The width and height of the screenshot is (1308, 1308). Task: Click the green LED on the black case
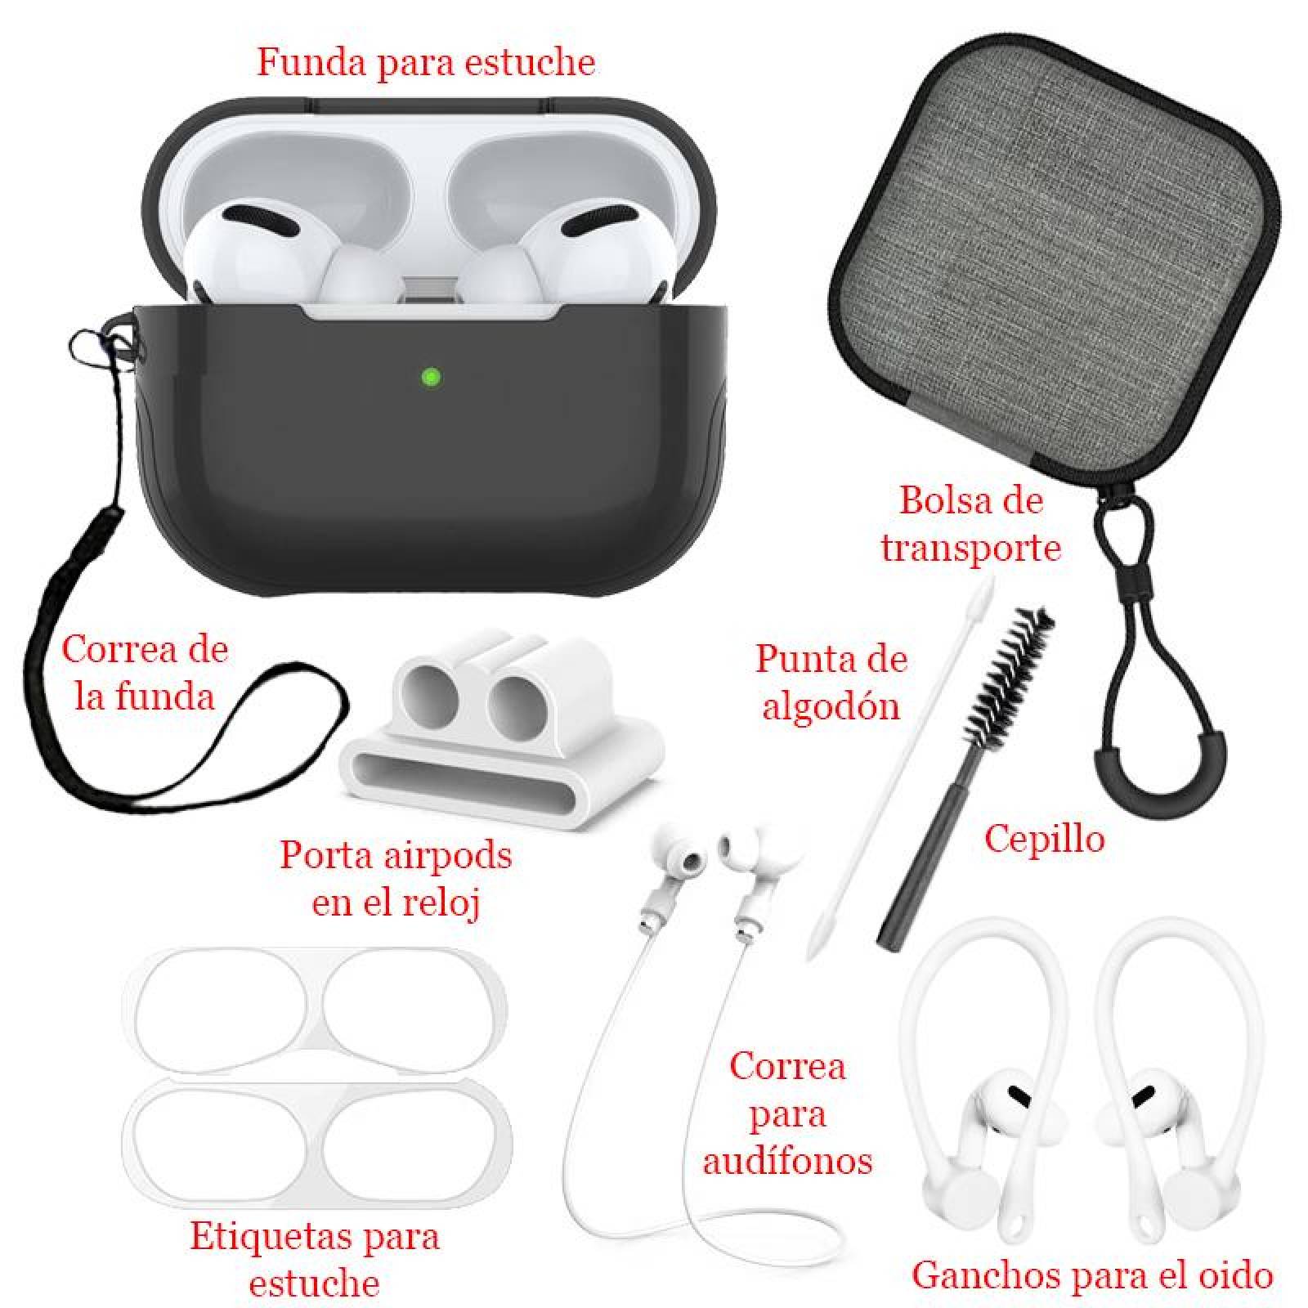[x=431, y=377]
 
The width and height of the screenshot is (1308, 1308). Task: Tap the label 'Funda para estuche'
[x=426, y=63]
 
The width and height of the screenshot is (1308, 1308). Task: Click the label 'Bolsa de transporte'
[x=970, y=523]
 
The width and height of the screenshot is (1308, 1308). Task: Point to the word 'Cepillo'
[x=1044, y=838]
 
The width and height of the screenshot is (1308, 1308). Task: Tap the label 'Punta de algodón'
[x=831, y=682]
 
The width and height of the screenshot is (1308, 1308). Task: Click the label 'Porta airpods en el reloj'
[x=396, y=879]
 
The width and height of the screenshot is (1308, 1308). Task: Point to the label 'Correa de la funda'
[x=145, y=673]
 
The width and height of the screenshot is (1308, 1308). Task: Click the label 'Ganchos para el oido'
[x=1092, y=1274]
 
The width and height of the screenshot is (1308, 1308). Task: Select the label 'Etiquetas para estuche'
[x=315, y=1259]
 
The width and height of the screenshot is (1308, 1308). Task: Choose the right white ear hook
[x=1144, y=1087]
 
